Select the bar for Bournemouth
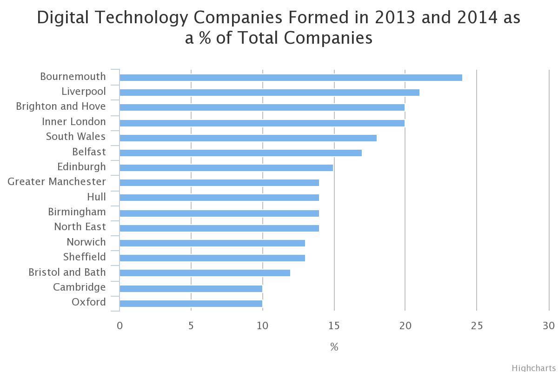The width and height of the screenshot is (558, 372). coord(291,77)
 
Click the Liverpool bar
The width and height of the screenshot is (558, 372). coord(269,92)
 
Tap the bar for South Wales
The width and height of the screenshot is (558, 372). coord(248,138)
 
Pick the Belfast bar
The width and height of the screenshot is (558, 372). coord(240,153)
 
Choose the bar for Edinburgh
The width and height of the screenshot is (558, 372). coord(226,167)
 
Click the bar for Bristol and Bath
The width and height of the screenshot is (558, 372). coord(205,273)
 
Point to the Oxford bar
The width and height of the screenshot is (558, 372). coord(191,303)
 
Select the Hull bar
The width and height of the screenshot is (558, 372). coord(219,198)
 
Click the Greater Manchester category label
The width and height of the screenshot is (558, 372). coord(57,181)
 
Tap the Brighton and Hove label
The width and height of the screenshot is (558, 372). coord(61,106)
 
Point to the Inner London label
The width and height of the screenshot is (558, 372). coord(74,121)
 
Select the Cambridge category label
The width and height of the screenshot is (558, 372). coord(79,287)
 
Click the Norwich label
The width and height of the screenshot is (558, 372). coord(86,242)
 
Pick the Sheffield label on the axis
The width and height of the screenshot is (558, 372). coord(84,257)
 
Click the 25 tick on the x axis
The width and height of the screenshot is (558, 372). coord(477,325)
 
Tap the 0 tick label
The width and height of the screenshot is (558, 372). coord(120,325)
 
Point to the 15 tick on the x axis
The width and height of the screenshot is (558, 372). coord(334,325)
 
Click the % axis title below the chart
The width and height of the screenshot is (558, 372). coord(334,347)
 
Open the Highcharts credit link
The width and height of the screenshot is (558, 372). coord(534,368)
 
